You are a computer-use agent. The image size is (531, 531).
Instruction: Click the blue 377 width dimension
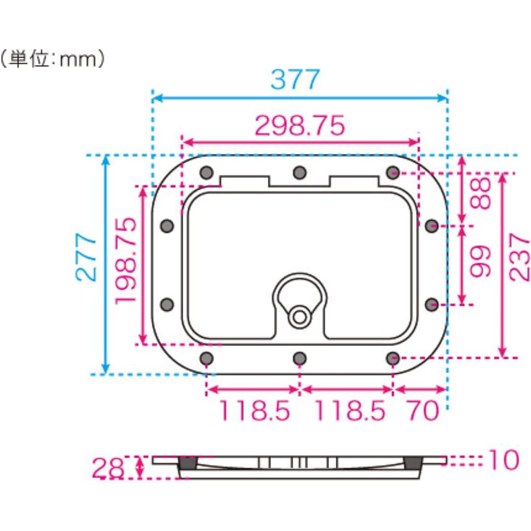tap(295, 79)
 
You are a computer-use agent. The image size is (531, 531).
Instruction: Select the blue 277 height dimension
tap(86, 257)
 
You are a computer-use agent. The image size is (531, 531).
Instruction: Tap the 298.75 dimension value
tap(299, 126)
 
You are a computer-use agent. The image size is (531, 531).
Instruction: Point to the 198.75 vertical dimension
tap(126, 261)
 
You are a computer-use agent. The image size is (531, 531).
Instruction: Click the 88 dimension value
tap(481, 193)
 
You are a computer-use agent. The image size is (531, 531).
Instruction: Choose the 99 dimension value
tap(481, 261)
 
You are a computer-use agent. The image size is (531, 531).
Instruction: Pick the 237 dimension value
tap(519, 257)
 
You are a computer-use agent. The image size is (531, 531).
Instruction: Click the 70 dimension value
tap(423, 410)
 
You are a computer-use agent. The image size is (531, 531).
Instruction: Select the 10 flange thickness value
tap(504, 459)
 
